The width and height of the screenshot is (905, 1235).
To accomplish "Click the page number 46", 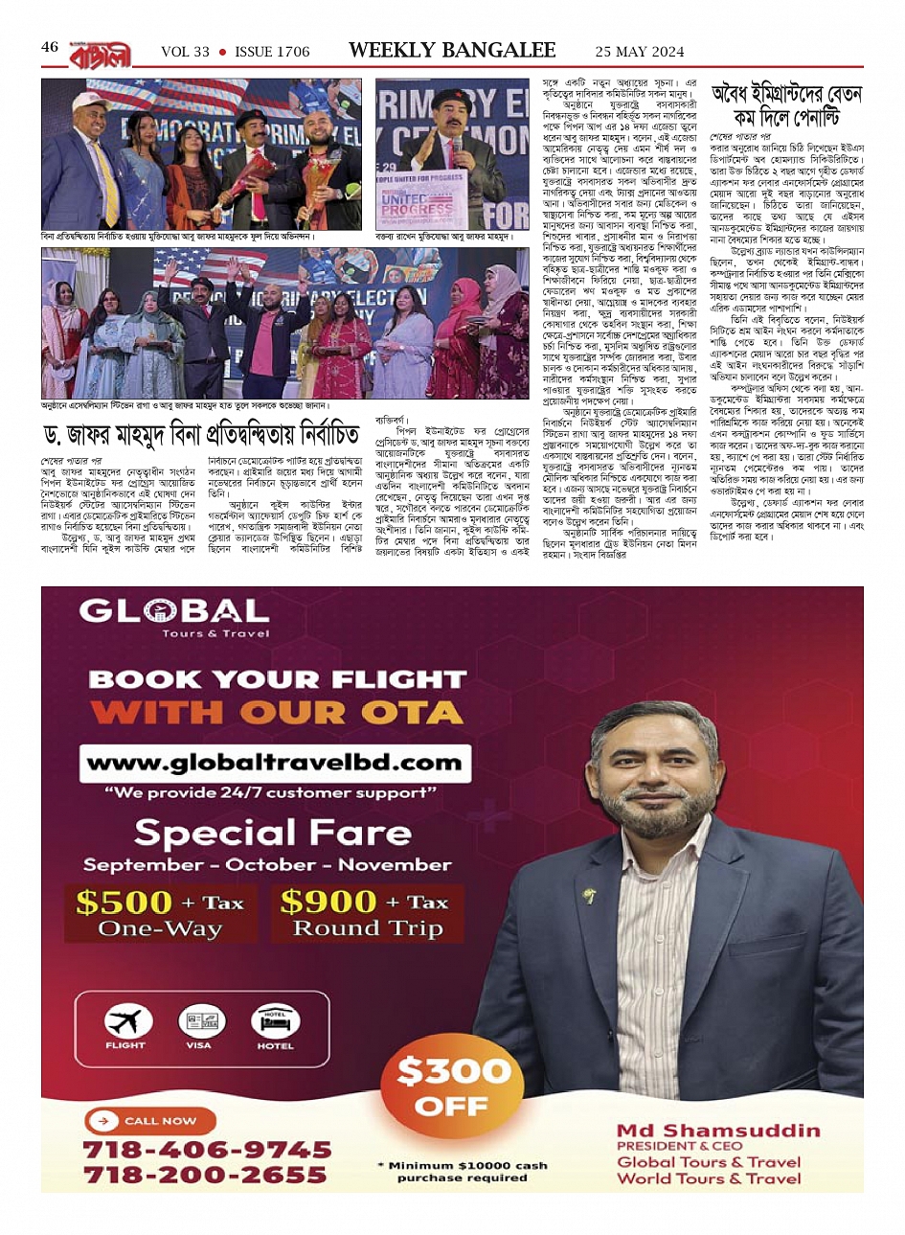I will pyautogui.click(x=50, y=47).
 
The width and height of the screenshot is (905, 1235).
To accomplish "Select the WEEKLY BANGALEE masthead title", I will pyautogui.click(x=452, y=50).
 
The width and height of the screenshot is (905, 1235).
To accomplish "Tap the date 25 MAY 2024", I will pyautogui.click(x=640, y=52).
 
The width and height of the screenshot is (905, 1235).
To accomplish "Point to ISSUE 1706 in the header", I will pyautogui.click(x=272, y=52).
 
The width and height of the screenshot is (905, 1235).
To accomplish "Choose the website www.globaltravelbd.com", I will pyautogui.click(x=274, y=763).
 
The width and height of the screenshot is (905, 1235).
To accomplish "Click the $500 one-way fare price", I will pyautogui.click(x=124, y=903).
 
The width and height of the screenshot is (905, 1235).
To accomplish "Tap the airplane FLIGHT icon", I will pyautogui.click(x=125, y=1021).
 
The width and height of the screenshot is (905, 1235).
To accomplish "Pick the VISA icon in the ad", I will pyautogui.click(x=198, y=1021).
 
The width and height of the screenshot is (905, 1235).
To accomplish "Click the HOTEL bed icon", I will pyautogui.click(x=275, y=1021).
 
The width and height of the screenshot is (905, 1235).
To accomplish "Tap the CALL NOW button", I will pyautogui.click(x=151, y=1120).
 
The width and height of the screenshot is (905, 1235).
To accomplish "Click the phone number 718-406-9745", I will pyautogui.click(x=207, y=1149).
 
